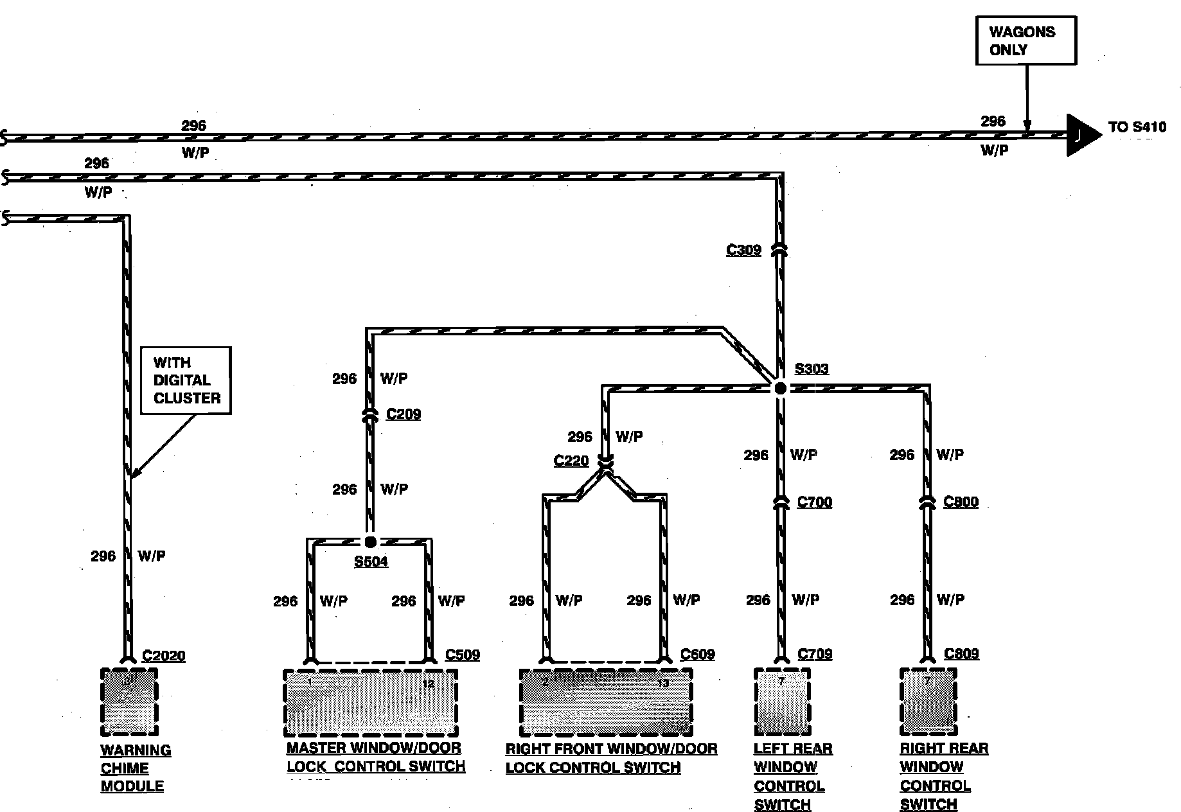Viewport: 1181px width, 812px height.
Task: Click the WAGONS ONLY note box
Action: (x=1026, y=40)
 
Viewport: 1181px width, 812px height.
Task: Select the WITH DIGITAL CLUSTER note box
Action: (x=186, y=380)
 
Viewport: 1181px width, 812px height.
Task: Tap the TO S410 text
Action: (x=1137, y=127)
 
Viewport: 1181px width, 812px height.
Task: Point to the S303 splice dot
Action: (x=780, y=388)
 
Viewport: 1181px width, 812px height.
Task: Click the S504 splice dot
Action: (x=370, y=542)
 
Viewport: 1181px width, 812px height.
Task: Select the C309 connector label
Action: (x=743, y=250)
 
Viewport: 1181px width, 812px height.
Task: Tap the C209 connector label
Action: (x=404, y=414)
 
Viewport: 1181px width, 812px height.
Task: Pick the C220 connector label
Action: (x=571, y=461)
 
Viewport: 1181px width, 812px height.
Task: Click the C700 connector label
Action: (x=814, y=502)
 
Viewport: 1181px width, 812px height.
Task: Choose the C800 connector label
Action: (x=961, y=502)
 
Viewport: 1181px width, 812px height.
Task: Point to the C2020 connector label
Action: (x=163, y=656)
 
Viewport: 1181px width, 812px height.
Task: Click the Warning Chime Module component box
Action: (x=129, y=702)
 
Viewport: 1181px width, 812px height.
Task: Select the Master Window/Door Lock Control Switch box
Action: (x=371, y=703)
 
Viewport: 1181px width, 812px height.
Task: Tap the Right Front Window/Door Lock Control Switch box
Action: (x=606, y=702)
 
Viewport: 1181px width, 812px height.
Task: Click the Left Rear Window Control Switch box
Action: (x=782, y=702)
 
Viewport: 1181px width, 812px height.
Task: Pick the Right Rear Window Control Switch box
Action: (x=928, y=702)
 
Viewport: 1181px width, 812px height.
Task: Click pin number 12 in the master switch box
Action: (x=428, y=684)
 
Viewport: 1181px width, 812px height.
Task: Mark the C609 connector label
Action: (x=697, y=655)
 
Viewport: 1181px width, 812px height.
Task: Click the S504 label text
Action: (x=371, y=561)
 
